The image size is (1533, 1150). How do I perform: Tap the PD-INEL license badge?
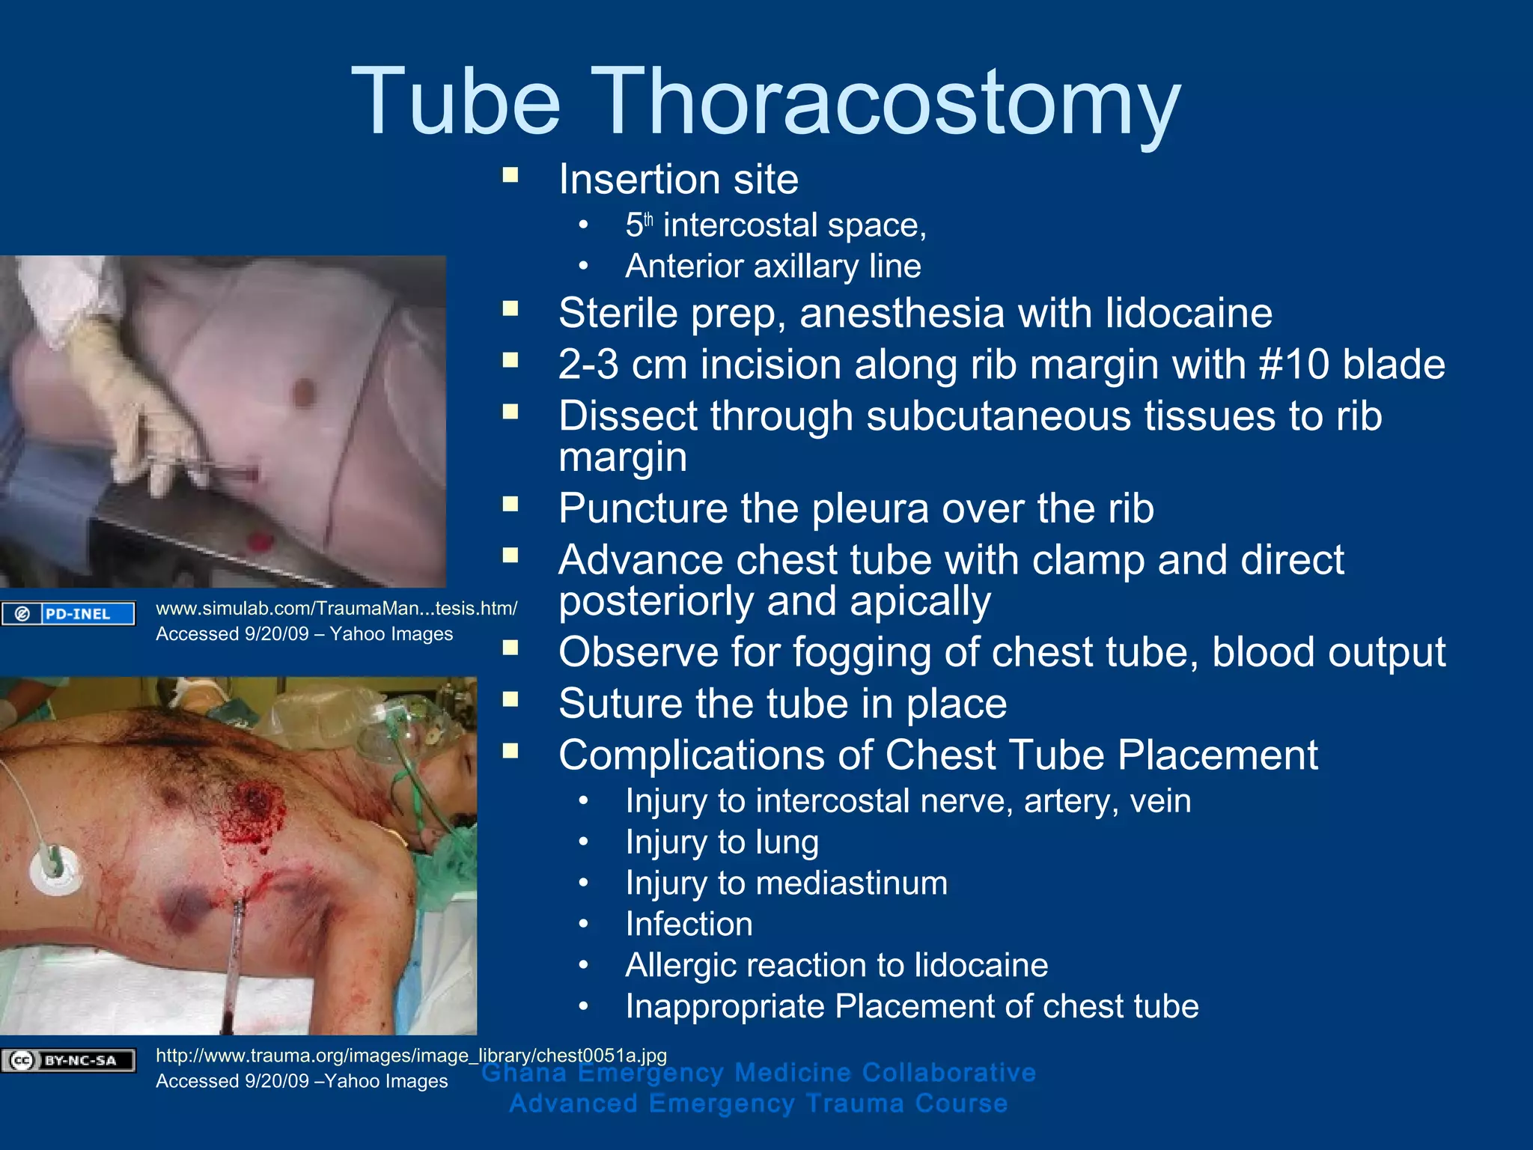click(x=68, y=614)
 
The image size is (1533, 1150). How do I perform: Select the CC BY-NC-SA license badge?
click(x=68, y=1060)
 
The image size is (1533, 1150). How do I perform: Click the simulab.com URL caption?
click(x=336, y=608)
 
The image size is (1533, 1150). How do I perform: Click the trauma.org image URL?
click(x=411, y=1055)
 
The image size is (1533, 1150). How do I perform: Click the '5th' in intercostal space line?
click(x=639, y=225)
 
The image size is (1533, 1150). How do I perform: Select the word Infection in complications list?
click(x=689, y=924)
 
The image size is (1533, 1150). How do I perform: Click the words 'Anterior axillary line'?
click(x=773, y=267)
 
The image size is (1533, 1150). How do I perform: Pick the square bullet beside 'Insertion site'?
click(x=511, y=176)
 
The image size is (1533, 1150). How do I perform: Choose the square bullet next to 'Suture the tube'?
click(x=511, y=700)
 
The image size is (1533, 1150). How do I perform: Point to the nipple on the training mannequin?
click(x=304, y=392)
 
